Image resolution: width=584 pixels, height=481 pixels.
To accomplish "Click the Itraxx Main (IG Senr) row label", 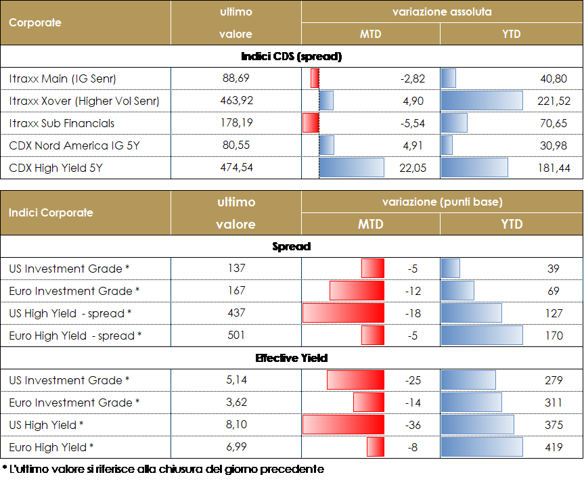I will [x=63, y=78].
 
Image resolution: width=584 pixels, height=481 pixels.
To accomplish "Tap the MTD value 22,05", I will [x=413, y=168].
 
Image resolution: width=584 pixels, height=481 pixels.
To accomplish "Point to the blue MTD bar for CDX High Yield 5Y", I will [x=351, y=168].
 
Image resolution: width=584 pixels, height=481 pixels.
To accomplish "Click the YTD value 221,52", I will [x=552, y=101].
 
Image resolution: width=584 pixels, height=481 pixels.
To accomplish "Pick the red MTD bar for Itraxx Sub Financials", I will [x=311, y=123].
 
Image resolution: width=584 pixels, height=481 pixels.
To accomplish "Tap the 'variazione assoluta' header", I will [x=441, y=12].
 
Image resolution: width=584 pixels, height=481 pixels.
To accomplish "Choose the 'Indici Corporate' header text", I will [x=51, y=212].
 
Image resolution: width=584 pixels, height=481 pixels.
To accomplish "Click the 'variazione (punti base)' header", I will [x=441, y=202].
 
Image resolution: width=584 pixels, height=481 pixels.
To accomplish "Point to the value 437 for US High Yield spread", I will [x=236, y=313].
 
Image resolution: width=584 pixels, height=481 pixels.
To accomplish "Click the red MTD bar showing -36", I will [x=343, y=425].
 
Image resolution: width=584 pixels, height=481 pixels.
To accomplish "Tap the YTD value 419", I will [x=553, y=447].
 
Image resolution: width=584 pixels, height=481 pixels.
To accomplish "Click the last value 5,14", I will [x=236, y=380].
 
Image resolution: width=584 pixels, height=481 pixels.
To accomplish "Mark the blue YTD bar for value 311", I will [x=471, y=403].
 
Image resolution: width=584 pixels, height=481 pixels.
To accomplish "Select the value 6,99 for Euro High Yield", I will [x=236, y=447].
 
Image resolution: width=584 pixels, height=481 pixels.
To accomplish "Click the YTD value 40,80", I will [x=554, y=78].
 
